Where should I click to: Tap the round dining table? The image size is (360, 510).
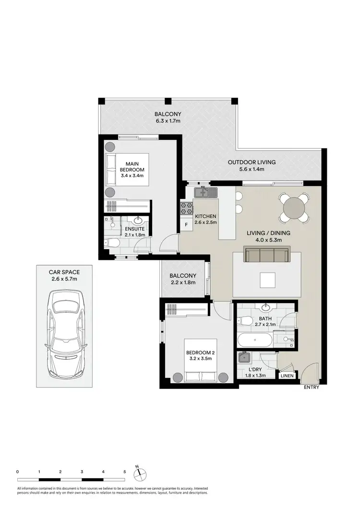pyautogui.click(x=293, y=208)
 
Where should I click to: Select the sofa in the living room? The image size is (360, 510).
pyautogui.click(x=265, y=255)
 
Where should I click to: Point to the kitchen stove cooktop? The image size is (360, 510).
pyautogui.click(x=186, y=208)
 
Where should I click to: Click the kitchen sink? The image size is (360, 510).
pyautogui.click(x=205, y=193)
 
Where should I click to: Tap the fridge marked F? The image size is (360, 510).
pyautogui.click(x=185, y=225)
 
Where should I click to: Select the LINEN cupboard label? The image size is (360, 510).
pyautogui.click(x=287, y=376)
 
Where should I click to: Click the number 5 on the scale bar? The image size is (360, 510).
pyautogui.click(x=125, y=472)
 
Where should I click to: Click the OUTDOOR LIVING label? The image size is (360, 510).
pyautogui.click(x=252, y=162)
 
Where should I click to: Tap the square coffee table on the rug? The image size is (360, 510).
pyautogui.click(x=267, y=279)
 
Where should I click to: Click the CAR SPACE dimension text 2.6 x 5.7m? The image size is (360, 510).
pyautogui.click(x=65, y=279)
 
